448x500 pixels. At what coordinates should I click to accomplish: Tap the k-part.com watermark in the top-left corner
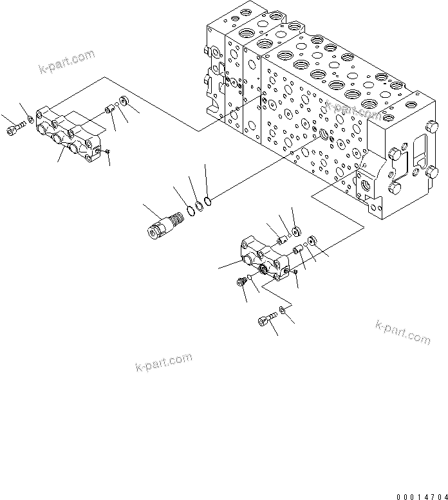[67, 61]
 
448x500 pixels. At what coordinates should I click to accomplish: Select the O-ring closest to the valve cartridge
[191, 209]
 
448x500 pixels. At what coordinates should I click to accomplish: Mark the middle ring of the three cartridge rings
[200, 205]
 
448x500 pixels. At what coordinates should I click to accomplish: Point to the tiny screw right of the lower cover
[294, 273]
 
